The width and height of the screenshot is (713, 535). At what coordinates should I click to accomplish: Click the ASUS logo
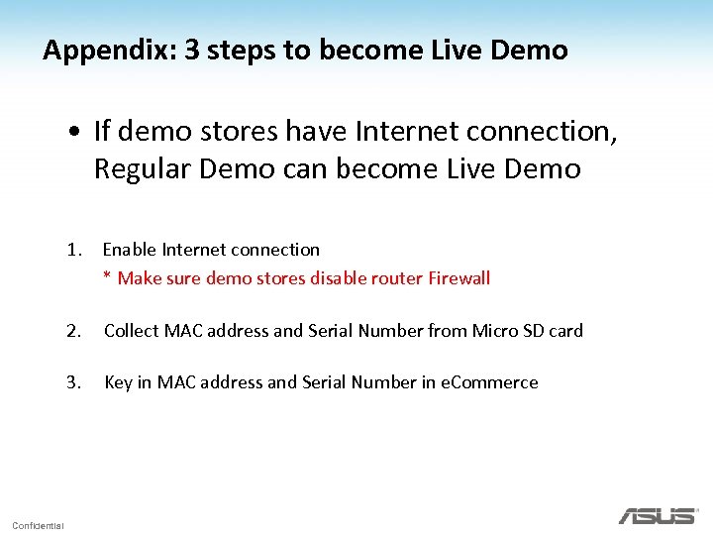click(x=658, y=515)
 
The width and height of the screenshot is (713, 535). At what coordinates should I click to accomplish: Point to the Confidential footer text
click(x=38, y=525)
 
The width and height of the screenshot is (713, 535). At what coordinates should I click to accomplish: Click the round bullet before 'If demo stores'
click(x=75, y=131)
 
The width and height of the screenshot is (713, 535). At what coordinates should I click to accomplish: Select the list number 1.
click(x=73, y=250)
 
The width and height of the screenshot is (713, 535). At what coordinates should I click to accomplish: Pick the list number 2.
click(x=73, y=331)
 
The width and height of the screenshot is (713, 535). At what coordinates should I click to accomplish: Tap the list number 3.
click(x=73, y=382)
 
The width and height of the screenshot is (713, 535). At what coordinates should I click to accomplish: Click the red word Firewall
click(x=458, y=278)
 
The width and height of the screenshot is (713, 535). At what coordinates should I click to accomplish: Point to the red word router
click(x=397, y=278)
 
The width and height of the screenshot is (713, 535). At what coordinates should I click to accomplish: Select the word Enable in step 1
click(x=130, y=250)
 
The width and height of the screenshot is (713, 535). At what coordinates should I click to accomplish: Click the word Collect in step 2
click(x=132, y=331)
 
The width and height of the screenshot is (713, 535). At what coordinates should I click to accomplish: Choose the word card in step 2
click(x=564, y=331)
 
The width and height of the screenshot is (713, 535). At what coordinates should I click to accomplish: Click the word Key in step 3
click(x=118, y=382)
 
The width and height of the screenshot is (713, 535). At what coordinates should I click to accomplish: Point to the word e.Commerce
click(x=489, y=382)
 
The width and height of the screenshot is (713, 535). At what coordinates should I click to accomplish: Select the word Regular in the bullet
click(x=143, y=169)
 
